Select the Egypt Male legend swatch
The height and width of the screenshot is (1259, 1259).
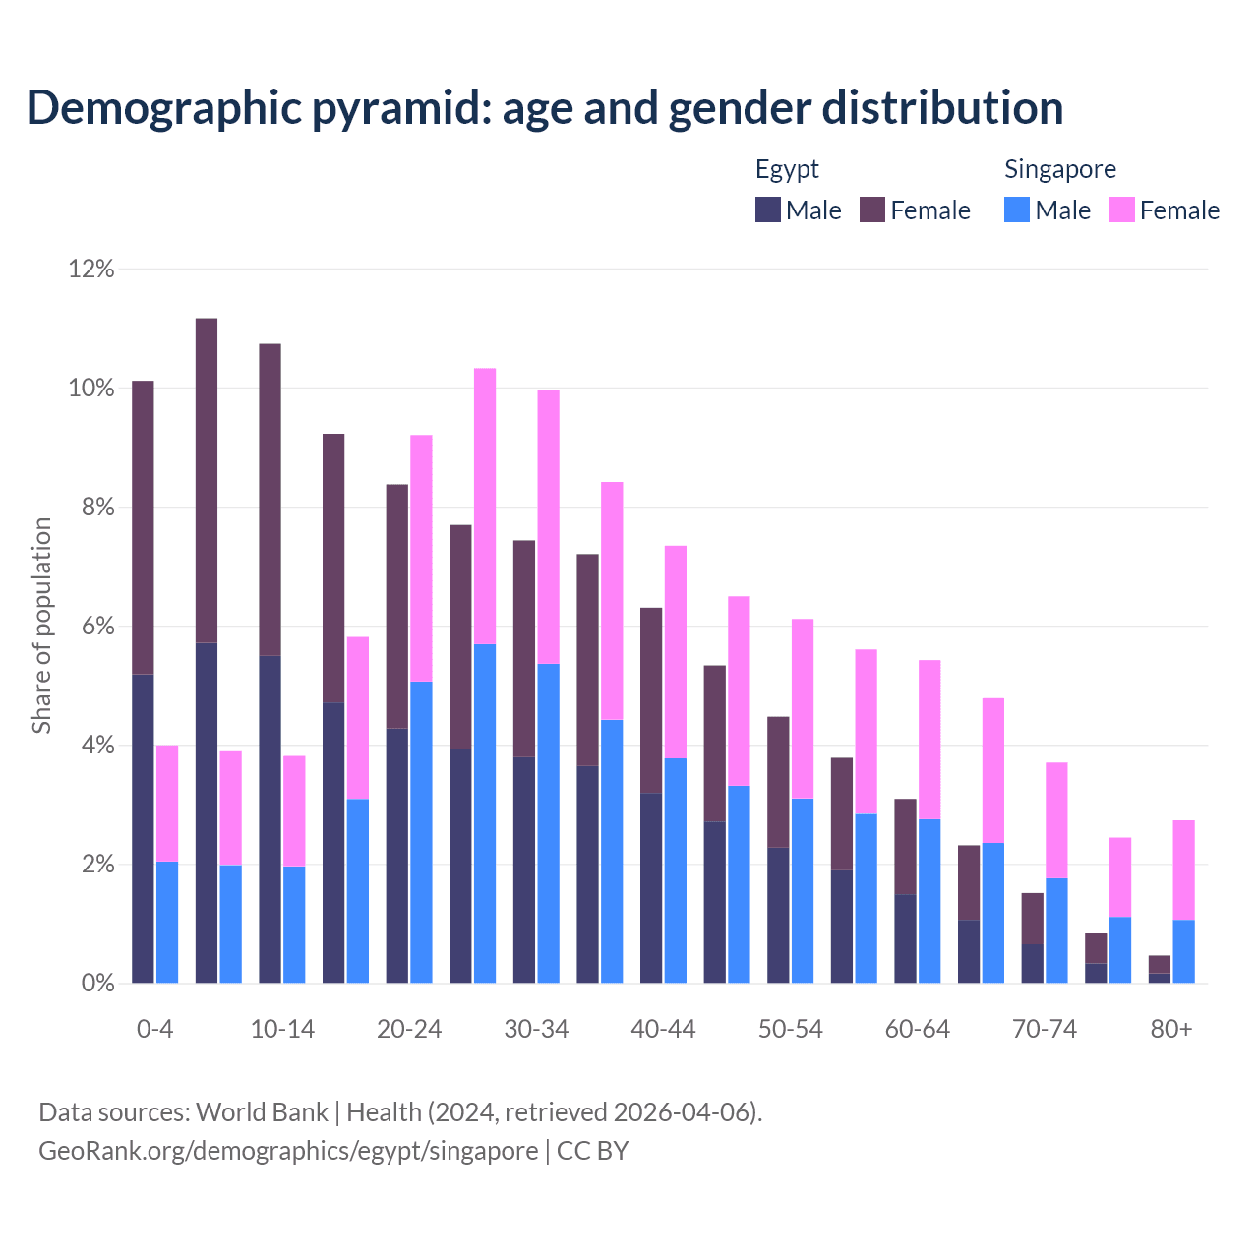pos(768,210)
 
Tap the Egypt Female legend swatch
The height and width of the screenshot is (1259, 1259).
pos(872,210)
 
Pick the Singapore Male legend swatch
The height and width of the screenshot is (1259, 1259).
pos(1017,210)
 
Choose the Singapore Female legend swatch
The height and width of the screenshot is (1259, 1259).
pos(1122,210)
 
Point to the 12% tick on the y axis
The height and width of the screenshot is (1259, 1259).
pos(91,269)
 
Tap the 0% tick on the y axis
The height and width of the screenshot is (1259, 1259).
pos(96,983)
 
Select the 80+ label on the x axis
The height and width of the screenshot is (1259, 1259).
pos(1171,1029)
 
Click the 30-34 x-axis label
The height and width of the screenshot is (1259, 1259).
pos(536,1029)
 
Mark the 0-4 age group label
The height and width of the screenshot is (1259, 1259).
pos(155,1029)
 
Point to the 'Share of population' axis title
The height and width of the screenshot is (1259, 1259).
pos(41,626)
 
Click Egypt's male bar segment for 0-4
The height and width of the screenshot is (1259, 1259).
pos(143,828)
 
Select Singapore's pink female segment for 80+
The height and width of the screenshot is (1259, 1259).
pos(1183,869)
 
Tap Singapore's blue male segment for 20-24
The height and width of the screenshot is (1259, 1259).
pos(421,832)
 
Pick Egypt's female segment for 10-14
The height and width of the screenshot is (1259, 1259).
pos(270,500)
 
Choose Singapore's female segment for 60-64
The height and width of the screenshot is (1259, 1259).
pos(929,740)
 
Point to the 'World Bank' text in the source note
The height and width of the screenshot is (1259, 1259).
pos(262,1112)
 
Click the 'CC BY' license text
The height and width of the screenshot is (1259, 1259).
pos(592,1151)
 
